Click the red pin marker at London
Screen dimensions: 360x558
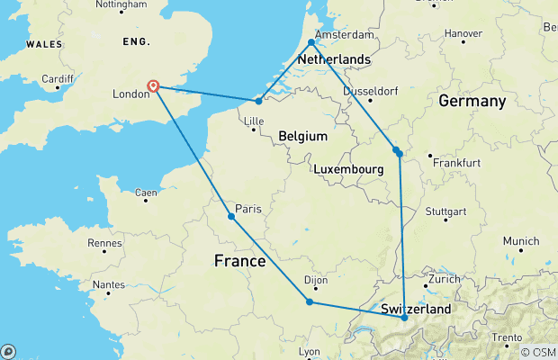pos(154,86)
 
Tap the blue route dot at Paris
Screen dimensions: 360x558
pos(231,216)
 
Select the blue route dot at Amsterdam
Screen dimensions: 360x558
pos(311,42)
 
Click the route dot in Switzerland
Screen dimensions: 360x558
pos(404,318)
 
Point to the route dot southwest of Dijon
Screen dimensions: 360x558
pos(310,301)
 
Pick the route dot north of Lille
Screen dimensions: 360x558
pos(258,101)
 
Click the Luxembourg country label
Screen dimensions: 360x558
pos(347,169)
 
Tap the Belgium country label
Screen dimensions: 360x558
pos(301,136)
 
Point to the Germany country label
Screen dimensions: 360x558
pos(472,101)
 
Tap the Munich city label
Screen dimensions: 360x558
pos(521,241)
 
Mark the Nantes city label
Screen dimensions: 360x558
pos(108,284)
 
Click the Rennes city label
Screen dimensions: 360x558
pos(104,244)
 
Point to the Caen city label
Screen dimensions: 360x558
pos(146,191)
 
